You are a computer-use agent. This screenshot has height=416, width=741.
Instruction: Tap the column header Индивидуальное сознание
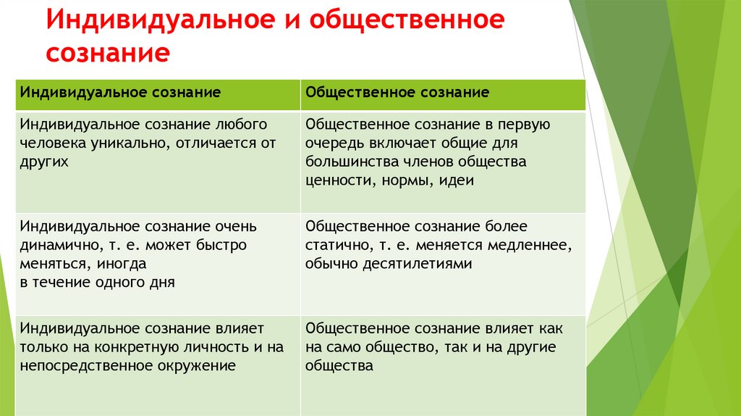coord(120,93)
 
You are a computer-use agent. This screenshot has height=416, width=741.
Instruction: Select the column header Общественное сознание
coord(397,93)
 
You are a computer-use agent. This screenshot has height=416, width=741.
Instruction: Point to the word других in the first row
coord(44,162)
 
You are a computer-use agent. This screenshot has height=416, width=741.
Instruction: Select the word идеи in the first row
coord(456,180)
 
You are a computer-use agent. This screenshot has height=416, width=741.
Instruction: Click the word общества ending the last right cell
coord(339,366)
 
